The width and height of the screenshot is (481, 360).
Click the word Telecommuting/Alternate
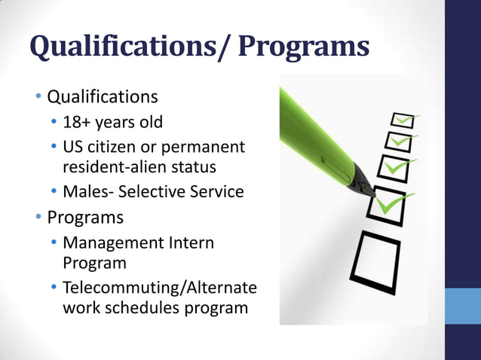(160, 288)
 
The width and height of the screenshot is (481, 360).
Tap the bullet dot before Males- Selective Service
(54, 191)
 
